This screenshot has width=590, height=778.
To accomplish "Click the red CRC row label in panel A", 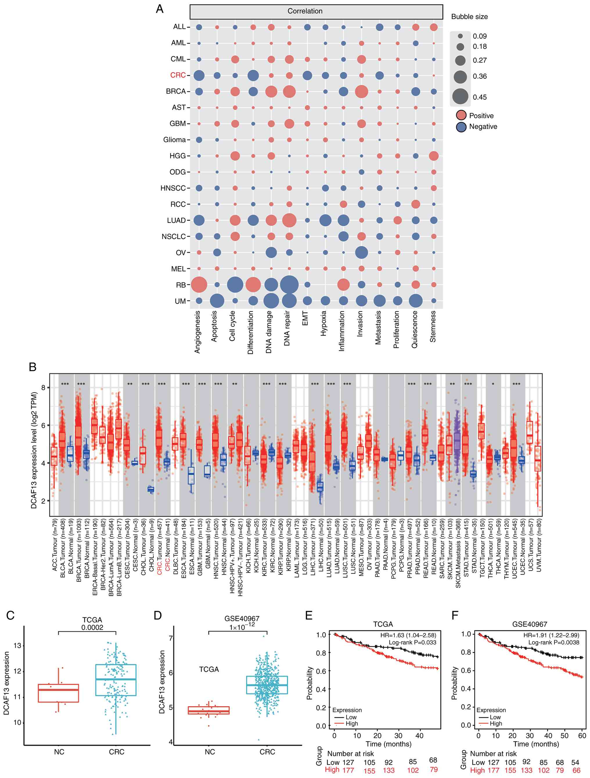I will point(178,75).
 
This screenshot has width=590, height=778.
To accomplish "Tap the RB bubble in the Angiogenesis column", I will point(199,285).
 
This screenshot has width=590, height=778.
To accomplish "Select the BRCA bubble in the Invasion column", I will point(361,91).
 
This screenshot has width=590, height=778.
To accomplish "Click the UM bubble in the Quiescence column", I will point(415,301).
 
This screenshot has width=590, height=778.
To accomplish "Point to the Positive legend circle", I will point(461,115).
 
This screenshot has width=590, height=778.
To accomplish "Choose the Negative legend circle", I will point(461,127).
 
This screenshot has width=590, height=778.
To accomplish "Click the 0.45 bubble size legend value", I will point(480,97).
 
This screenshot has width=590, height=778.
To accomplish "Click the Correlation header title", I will point(305,11).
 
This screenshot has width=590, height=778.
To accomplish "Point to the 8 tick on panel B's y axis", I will point(43,388).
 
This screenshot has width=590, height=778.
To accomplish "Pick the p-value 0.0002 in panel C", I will point(92,628).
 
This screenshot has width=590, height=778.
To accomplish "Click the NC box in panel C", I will point(58,693).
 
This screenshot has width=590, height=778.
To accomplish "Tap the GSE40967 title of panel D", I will point(242,619).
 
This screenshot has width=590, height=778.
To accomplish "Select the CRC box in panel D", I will point(267,685).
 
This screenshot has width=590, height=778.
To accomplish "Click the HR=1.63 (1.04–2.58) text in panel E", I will point(408,635).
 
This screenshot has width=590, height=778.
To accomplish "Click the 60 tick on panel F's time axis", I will point(582,736).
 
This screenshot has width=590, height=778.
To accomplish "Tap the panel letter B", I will point(33,367).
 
